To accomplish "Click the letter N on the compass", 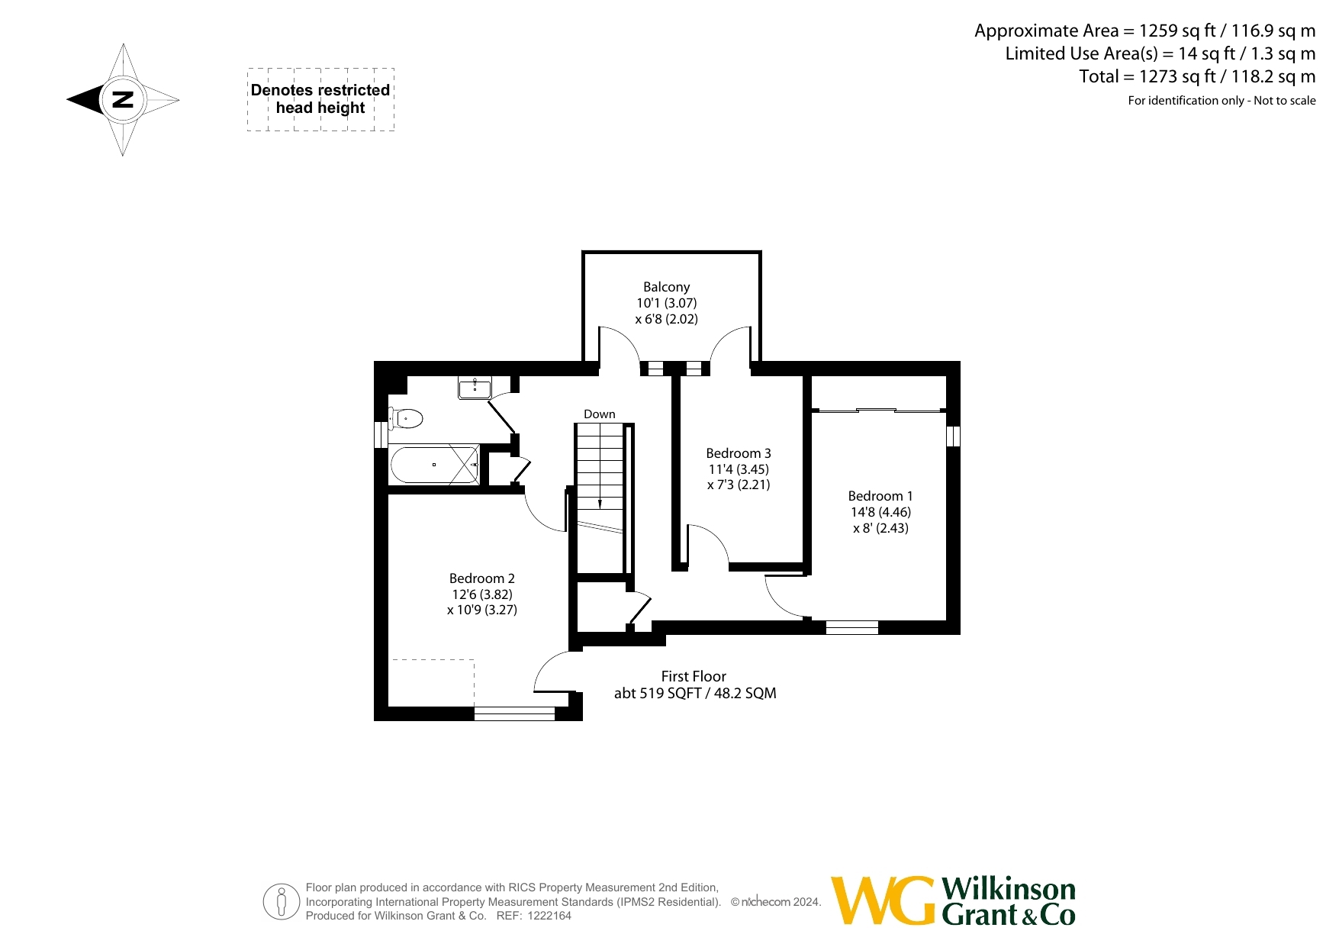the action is [x=122, y=99].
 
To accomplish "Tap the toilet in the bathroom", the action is [x=406, y=418].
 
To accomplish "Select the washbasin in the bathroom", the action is [x=475, y=388].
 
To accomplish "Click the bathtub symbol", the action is [x=435, y=465].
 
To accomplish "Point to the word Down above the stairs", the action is [x=600, y=414].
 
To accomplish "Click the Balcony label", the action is [x=666, y=287].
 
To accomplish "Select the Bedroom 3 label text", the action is [x=739, y=453].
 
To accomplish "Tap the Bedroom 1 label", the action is [x=880, y=496].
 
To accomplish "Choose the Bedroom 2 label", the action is [x=482, y=578].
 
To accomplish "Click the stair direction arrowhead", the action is [x=600, y=504].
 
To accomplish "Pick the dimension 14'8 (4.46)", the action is [x=881, y=512].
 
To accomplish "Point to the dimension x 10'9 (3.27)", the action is [x=482, y=610].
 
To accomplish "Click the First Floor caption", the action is [x=694, y=676].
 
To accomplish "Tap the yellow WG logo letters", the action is [x=883, y=900].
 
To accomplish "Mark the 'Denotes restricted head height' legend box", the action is [x=320, y=99].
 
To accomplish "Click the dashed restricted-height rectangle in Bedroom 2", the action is [x=432, y=684].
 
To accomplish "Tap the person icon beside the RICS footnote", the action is [x=282, y=901].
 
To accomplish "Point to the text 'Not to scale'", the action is [x=1285, y=101].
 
